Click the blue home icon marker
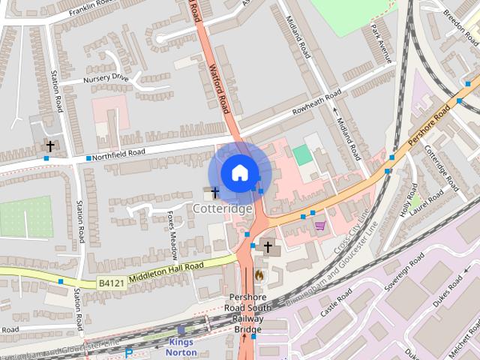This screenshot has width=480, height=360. click(238, 172)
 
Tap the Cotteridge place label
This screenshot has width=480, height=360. click(222, 208)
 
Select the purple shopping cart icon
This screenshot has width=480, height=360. click(320, 225)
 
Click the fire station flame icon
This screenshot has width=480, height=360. click(259, 275)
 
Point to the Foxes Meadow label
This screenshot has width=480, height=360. click(173, 232)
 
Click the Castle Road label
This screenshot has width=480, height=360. click(335, 303)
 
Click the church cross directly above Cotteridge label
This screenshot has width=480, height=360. click(215, 193)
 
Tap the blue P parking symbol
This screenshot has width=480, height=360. click(129, 353)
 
